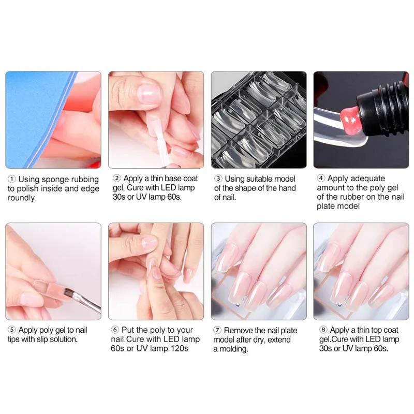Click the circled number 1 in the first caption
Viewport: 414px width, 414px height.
point(11,179)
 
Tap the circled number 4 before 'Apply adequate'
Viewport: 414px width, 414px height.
point(321,178)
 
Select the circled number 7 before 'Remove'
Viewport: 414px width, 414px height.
point(217,330)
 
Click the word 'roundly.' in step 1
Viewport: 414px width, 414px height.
point(22,198)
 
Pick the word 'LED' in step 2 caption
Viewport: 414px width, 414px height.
point(169,188)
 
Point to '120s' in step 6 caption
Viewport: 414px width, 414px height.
point(179,348)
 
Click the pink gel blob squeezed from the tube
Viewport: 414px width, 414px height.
point(349,117)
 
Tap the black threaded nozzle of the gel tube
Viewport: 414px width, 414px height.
point(381,108)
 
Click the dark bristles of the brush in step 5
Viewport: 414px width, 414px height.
point(70,293)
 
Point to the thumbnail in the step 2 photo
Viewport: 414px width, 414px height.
point(149,94)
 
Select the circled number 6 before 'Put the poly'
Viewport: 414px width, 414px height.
point(115,330)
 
